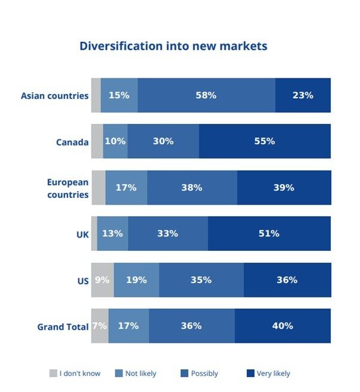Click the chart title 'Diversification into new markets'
[x=173, y=46]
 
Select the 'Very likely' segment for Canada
[x=264, y=141]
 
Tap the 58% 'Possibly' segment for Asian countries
[x=206, y=95]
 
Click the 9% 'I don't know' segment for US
[x=102, y=279]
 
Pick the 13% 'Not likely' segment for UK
[x=112, y=233]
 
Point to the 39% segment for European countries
[x=283, y=187]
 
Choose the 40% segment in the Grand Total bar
[x=282, y=326]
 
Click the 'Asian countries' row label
[x=54, y=96]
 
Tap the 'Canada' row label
[x=72, y=142]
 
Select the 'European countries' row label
[x=68, y=188]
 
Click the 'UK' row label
[x=82, y=234]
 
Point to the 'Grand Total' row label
[x=63, y=327]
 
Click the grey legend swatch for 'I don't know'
[x=53, y=373]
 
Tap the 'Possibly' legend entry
[x=204, y=373]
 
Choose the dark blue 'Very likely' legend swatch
[x=250, y=373]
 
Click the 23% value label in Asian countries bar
[x=303, y=95]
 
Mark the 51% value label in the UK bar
[x=269, y=233]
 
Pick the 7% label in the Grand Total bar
[x=99, y=326]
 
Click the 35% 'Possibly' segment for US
[x=201, y=279]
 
